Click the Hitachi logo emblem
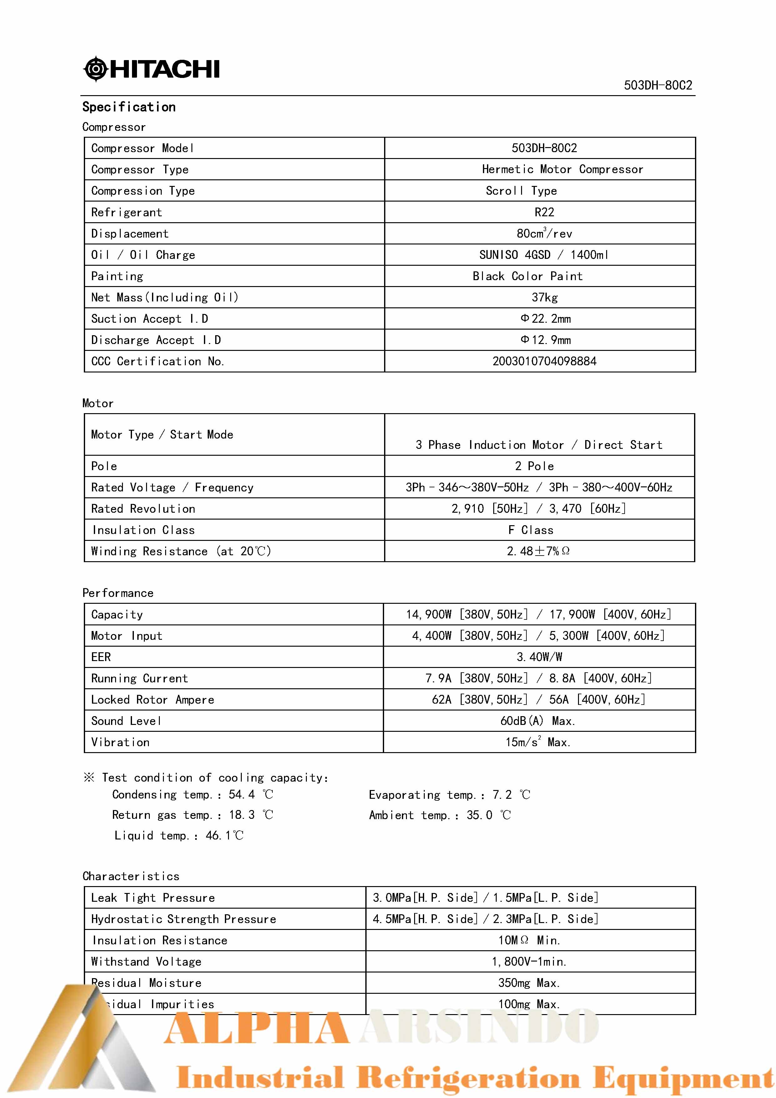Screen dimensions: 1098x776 (x=96, y=69)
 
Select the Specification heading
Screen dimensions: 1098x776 (x=129, y=107)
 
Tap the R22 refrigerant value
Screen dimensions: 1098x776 (x=544, y=212)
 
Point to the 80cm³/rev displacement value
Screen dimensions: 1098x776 (x=544, y=233)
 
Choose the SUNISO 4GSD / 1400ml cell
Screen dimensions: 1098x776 (x=544, y=255)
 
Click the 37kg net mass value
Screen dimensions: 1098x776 (x=544, y=297)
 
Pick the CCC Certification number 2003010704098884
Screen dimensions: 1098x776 (x=544, y=361)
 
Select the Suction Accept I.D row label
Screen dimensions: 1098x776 (x=150, y=319)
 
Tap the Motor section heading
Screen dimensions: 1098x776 (x=98, y=403)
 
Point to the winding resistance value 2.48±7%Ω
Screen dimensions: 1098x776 (x=538, y=551)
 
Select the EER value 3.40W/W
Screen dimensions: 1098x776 (x=539, y=657)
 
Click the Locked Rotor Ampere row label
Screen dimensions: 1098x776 (x=152, y=700)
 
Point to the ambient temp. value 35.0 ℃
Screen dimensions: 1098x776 (x=488, y=815)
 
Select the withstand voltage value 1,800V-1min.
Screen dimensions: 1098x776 (x=529, y=961)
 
